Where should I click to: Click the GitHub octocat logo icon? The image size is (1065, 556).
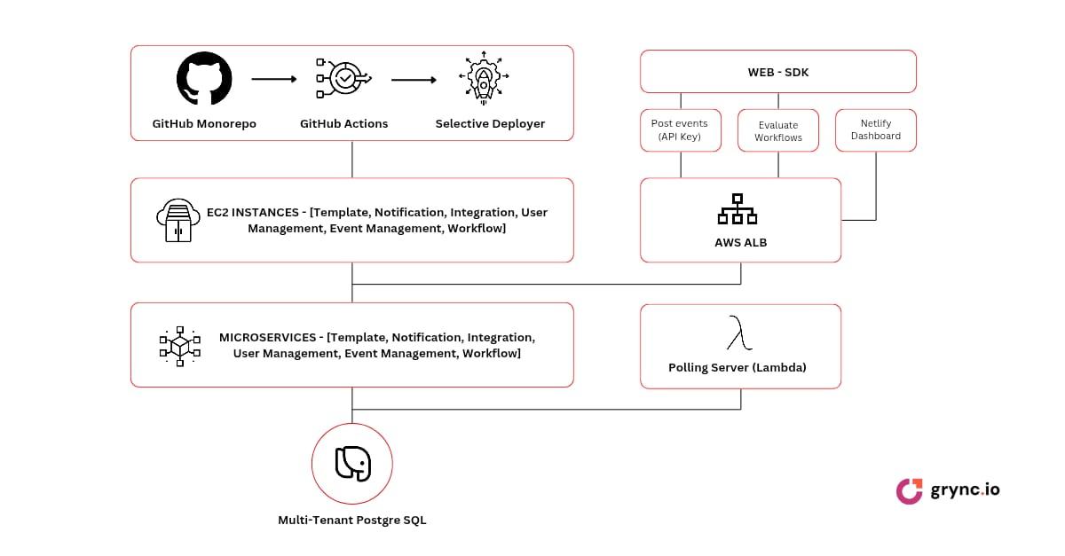point(204,79)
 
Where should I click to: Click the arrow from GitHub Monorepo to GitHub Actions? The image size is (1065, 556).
point(274,79)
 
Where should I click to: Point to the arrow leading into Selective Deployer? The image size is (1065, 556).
point(414,80)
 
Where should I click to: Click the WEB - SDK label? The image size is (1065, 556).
point(778,72)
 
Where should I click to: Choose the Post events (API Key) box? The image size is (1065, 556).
point(680,130)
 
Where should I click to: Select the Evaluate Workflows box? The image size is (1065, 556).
point(778,131)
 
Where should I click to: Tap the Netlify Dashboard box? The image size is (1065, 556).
point(875,129)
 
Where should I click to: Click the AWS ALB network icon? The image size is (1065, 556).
point(737,209)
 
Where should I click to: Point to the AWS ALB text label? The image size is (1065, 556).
point(740,242)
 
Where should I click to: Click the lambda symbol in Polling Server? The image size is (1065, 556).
point(740,335)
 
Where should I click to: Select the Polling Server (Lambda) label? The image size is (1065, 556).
point(737,367)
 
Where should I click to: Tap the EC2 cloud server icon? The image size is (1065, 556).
point(177,220)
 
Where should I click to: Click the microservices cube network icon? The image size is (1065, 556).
point(179,346)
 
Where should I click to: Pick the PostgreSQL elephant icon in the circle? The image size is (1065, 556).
point(352,464)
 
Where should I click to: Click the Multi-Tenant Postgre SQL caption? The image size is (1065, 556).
point(352,520)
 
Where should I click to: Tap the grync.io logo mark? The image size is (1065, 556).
point(909,490)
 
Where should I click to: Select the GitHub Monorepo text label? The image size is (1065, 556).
point(204,123)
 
